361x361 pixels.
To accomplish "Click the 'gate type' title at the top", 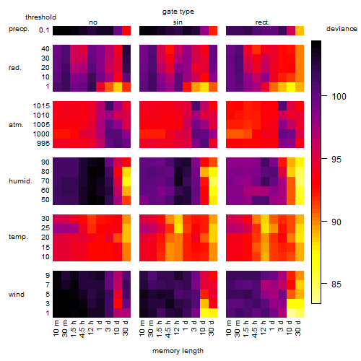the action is [178, 12].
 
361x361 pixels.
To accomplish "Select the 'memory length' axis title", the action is [178, 351].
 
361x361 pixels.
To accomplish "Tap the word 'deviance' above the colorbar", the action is [342, 29].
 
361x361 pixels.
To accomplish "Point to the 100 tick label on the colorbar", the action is [339, 97].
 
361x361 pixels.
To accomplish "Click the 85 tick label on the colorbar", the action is [336, 284].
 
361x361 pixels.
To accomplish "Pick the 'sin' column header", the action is [178, 22].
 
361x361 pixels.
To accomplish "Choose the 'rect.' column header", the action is [263, 22].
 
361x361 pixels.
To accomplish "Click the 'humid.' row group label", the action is [20, 181].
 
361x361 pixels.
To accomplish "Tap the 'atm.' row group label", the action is [16, 125].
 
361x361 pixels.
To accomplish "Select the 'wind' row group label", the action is [17, 295].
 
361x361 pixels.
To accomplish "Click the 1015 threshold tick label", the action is [41, 106].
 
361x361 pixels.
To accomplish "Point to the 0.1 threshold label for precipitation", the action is [44, 30].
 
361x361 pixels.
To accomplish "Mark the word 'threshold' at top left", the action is [40, 17].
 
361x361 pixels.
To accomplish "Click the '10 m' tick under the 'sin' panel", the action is [142, 328].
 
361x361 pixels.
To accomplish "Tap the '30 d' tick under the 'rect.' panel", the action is [298, 328].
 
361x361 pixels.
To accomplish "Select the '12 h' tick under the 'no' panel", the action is [90, 328].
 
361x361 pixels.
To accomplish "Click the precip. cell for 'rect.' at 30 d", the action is [300, 31].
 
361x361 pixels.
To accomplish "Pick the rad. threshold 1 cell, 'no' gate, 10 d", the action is [118, 87].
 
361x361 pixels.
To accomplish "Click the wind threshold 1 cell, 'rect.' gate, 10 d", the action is [291, 313].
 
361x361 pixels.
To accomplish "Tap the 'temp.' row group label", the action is [18, 237].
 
